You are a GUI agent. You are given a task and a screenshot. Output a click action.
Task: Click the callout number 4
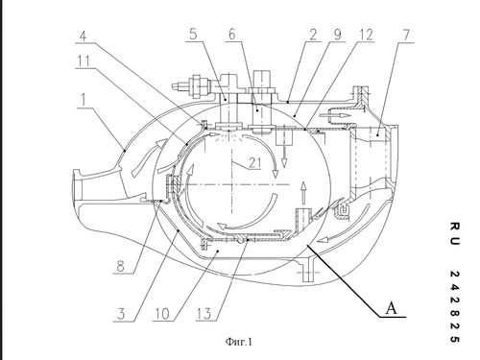point(83,36)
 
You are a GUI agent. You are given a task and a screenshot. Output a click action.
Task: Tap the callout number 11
point(84,60)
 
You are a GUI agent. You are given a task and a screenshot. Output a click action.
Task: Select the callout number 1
point(84,100)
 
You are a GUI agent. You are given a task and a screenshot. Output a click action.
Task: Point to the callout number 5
point(193,35)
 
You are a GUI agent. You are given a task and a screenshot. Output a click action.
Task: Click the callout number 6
point(232,35)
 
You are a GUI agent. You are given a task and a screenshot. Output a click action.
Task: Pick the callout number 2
point(313,35)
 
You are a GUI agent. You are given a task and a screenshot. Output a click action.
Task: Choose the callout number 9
point(337,35)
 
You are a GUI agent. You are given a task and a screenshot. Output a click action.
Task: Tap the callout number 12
point(367,35)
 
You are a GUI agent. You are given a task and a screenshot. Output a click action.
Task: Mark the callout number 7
point(406,35)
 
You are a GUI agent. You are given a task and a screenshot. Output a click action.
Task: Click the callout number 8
point(120,266)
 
